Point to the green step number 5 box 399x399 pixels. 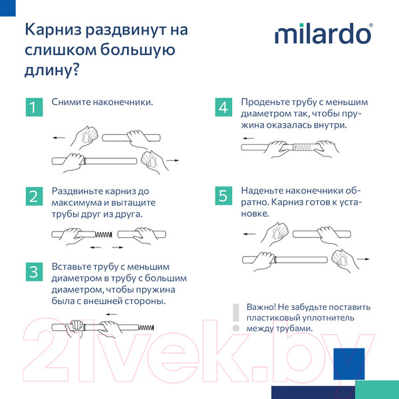point(223,196)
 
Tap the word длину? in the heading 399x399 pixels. point(51,68)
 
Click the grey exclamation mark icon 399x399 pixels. point(234,317)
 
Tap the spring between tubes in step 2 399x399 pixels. point(103,234)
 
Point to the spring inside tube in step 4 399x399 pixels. point(302,146)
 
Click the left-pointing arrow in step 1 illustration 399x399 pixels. point(59,138)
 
